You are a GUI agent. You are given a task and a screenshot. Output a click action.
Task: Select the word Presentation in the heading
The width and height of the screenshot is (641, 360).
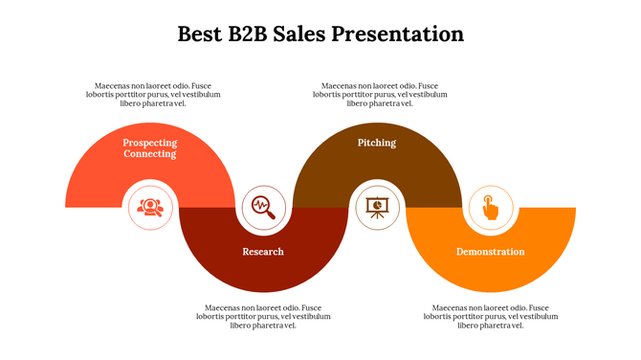coord(403,34)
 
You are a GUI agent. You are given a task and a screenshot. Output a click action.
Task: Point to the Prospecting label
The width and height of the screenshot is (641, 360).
coord(150,142)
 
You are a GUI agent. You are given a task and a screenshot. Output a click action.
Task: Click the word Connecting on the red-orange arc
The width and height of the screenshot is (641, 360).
coord(150,153)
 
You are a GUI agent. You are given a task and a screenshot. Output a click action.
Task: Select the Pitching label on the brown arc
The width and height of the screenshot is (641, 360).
coord(377,143)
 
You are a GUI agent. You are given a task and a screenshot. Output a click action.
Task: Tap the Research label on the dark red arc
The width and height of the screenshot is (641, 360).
coord(263,252)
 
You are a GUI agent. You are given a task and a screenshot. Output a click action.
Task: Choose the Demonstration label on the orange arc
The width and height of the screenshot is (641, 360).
coord(490,252)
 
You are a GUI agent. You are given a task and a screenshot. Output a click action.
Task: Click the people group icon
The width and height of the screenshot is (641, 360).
coord(149,206)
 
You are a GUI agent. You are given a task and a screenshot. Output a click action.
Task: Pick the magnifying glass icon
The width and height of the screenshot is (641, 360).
coord(263,206)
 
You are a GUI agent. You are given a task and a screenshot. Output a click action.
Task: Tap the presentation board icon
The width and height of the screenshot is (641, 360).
coord(377,206)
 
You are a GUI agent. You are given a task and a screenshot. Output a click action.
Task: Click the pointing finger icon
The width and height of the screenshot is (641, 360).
coord(490,206)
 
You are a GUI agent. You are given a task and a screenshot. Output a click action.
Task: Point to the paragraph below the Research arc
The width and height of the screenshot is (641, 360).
coord(264,316)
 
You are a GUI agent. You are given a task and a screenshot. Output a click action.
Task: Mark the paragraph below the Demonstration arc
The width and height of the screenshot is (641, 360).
coord(492,316)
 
